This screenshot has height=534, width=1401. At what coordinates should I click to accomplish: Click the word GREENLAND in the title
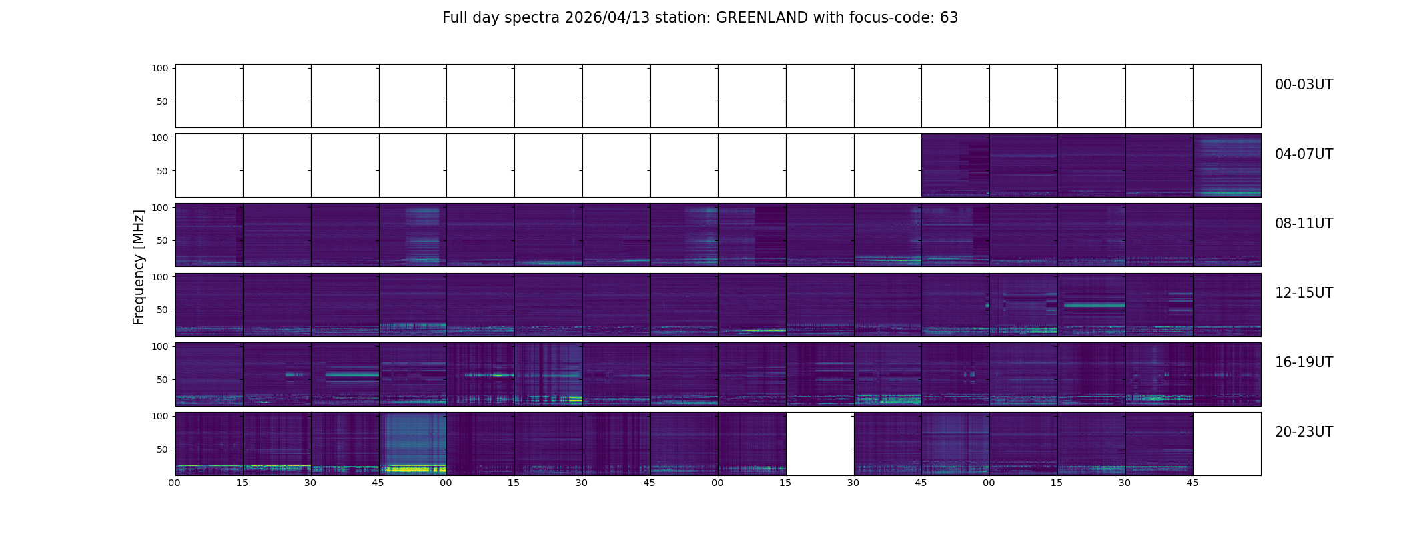[x=762, y=18]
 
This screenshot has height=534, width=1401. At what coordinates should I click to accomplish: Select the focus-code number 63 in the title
[x=949, y=18]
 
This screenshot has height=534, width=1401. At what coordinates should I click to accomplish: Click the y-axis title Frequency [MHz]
[x=139, y=268]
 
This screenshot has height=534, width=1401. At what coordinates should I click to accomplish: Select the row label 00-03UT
[x=1304, y=85]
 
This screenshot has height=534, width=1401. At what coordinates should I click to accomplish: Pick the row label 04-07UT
[x=1304, y=154]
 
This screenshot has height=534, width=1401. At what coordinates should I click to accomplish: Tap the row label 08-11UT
[x=1304, y=224]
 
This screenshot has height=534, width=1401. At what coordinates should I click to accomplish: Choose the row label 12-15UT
[x=1304, y=293]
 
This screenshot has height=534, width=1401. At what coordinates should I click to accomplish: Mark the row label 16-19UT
[x=1304, y=362]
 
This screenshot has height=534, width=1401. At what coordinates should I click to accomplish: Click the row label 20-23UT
[x=1304, y=432]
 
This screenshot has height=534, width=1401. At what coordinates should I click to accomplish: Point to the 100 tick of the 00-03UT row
[x=160, y=68]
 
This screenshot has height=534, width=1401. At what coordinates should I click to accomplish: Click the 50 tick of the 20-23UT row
[x=163, y=449]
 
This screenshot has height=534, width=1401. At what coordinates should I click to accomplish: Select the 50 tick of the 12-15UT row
[x=163, y=310]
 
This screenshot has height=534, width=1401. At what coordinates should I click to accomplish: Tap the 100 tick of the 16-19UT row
[x=160, y=346]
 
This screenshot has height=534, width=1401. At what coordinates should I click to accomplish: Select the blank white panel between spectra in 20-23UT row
[x=820, y=444]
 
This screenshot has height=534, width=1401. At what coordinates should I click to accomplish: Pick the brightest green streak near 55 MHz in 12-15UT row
[x=1091, y=305]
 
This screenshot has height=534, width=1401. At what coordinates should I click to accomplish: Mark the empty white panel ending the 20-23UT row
[x=1227, y=444]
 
